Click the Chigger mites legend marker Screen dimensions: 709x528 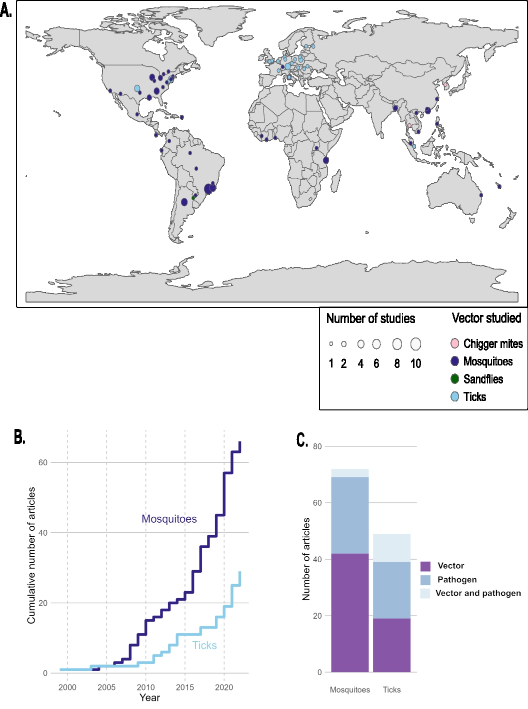(x=454, y=344)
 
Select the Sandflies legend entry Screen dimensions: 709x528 (x=483, y=379)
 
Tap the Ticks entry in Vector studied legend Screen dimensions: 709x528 (x=474, y=397)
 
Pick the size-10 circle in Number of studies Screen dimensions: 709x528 (x=415, y=344)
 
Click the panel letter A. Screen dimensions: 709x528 (x=6, y=10)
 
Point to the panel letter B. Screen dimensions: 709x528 (x=19, y=437)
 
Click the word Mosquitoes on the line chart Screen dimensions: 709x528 (x=169, y=519)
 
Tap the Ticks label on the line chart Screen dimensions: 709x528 (x=204, y=646)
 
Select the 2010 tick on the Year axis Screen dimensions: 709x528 (x=146, y=687)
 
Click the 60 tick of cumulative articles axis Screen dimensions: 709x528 (x=43, y=462)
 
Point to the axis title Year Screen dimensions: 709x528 (x=149, y=698)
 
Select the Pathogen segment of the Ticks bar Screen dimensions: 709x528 (x=391, y=590)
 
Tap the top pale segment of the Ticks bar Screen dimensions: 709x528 (x=391, y=548)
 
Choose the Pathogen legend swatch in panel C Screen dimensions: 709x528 (x=425, y=580)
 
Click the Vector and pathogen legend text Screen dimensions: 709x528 (x=478, y=593)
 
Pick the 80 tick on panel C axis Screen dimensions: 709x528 (x=317, y=446)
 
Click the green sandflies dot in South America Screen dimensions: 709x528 (x=193, y=198)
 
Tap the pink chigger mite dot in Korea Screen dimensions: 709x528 (x=445, y=85)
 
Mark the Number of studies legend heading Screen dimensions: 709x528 (x=370, y=319)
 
